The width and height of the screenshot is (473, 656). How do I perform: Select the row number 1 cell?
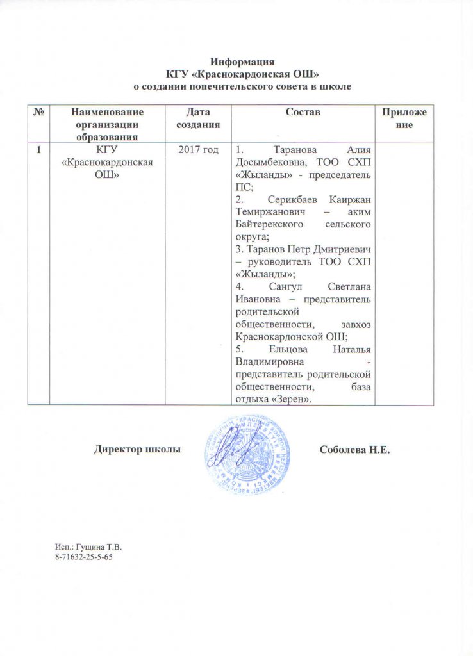[40, 150]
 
